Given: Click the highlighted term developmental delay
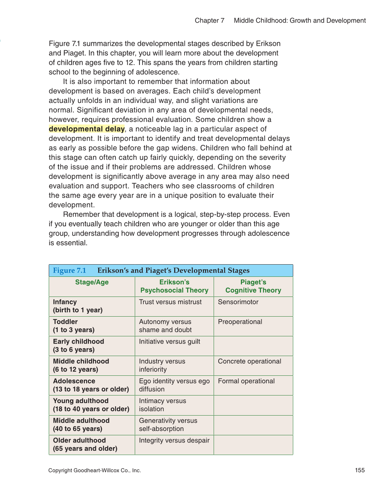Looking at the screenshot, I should click(x=87, y=129).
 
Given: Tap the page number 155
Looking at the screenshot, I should click(x=360, y=470).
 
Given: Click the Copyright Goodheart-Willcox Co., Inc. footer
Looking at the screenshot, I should click(x=95, y=470).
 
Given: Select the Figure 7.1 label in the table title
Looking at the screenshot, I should click(x=70, y=270).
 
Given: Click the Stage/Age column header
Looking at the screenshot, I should click(x=92, y=282).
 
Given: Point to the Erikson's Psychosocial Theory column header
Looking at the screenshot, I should click(x=174, y=286).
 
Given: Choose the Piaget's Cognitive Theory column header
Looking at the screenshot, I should click(x=253, y=286).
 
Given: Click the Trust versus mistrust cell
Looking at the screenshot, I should click(x=170, y=302).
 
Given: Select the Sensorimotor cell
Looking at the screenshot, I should click(x=238, y=302).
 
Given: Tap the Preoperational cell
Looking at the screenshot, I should click(x=240, y=322).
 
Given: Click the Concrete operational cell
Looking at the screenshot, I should click(x=249, y=361).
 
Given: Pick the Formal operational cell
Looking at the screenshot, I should click(x=246, y=381).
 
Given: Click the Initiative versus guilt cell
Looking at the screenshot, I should click(x=170, y=341).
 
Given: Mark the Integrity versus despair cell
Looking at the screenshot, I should click(x=174, y=440).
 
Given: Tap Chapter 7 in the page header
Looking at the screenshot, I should click(x=209, y=20).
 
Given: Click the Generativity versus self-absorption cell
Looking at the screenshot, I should click(x=168, y=425).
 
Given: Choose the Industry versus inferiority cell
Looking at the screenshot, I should click(x=162, y=365).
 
